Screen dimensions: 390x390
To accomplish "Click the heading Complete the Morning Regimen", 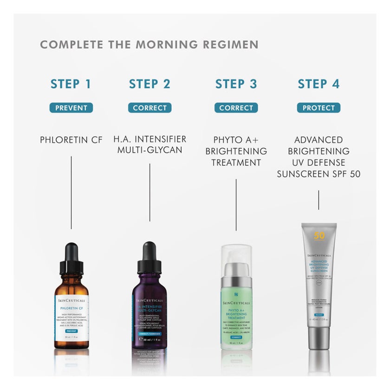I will click(x=149, y=45).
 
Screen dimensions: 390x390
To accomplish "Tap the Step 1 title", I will click(x=71, y=84).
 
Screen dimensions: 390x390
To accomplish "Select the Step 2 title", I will click(x=149, y=84).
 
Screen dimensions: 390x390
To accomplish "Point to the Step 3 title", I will click(x=236, y=84).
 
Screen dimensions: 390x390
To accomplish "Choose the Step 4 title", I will click(x=318, y=84).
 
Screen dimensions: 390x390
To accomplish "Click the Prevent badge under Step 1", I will click(x=71, y=108).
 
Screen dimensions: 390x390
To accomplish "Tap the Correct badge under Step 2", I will click(x=149, y=108).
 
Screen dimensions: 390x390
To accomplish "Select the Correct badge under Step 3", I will click(x=236, y=108).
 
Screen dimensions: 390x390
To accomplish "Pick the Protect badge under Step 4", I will click(x=318, y=108).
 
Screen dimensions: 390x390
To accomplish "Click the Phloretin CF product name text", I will click(x=71, y=140).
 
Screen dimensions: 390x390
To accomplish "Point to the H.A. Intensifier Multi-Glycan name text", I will click(x=149, y=144).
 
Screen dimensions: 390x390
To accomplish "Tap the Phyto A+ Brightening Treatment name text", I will click(x=236, y=151).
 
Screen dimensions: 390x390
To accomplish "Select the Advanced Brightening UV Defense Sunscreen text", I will click(x=318, y=157).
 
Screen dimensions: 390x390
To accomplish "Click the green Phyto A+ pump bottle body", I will click(x=236, y=316).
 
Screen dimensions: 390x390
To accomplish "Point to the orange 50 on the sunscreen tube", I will click(x=319, y=235).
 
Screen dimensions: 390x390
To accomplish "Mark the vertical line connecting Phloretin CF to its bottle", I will click(x=71, y=193).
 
